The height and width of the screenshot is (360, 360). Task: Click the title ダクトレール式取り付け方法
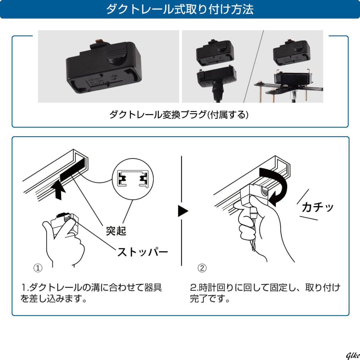tap(180, 9)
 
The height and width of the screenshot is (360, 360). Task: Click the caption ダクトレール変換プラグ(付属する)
tap(179, 115)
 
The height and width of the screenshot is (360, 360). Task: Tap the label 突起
tap(116, 231)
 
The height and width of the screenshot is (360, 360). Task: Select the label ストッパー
tap(142, 252)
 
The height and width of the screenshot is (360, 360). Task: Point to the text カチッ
tap(317, 207)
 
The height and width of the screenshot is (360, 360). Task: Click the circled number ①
tap(38, 268)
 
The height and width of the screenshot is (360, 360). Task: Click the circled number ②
tap(202, 268)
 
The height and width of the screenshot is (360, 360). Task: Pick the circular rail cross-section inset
tap(133, 179)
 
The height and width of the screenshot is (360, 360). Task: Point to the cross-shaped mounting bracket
tap(288, 88)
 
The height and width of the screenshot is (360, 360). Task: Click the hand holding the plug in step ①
tap(64, 243)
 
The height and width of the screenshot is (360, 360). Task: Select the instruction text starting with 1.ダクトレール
tap(91, 293)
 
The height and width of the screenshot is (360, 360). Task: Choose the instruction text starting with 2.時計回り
tap(265, 293)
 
